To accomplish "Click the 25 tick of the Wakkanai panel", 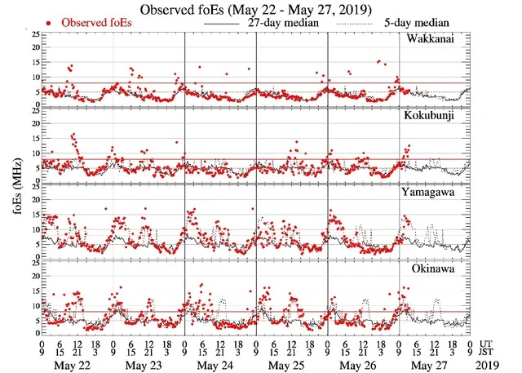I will point(33,34).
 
